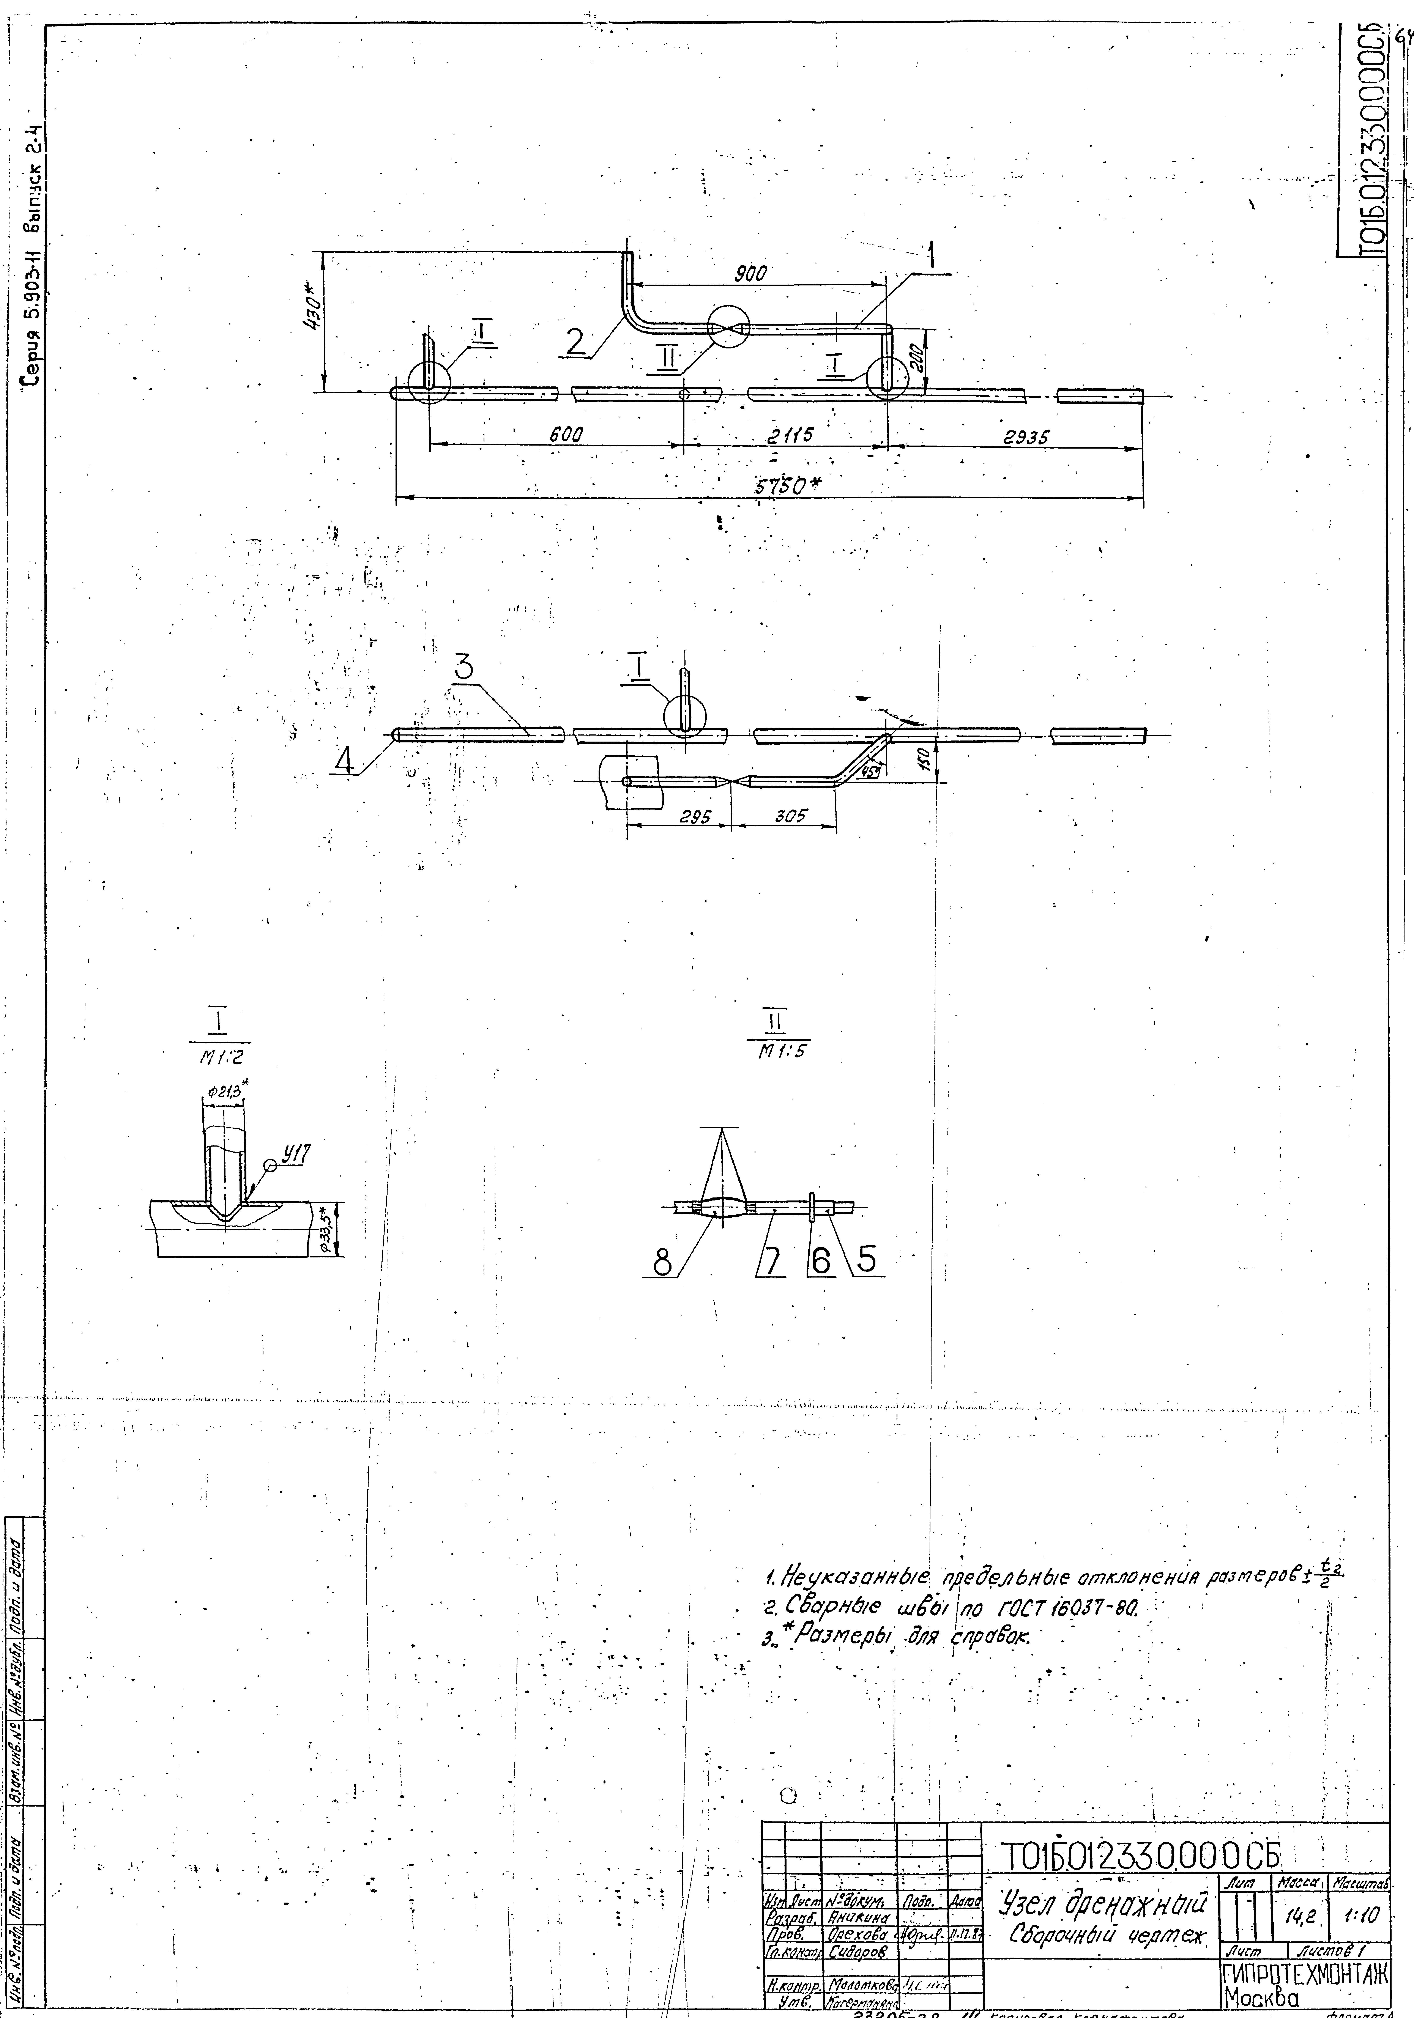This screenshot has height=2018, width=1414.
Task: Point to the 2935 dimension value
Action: (1026, 437)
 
